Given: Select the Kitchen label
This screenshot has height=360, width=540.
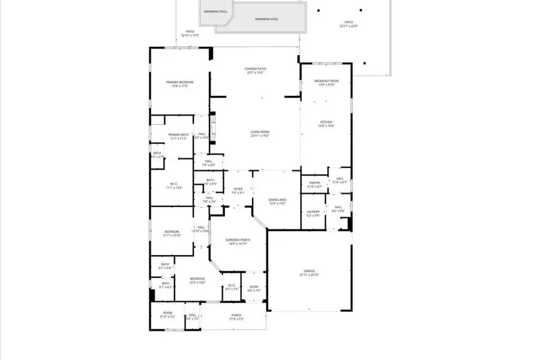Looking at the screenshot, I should click(x=325, y=122).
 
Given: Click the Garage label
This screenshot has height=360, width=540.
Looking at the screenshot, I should click(x=310, y=271).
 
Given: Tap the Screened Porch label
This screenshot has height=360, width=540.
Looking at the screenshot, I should click(x=238, y=239).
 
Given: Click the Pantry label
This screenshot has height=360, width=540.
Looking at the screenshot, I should click(x=314, y=183).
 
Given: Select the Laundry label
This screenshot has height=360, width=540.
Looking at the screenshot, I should click(x=313, y=211).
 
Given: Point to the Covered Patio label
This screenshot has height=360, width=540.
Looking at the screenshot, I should click(x=255, y=69).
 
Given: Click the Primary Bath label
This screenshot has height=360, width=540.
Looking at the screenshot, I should click(x=178, y=134).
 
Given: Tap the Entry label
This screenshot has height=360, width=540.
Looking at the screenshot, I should click(x=254, y=287).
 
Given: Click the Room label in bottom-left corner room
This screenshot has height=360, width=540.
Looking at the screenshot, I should click(x=168, y=313).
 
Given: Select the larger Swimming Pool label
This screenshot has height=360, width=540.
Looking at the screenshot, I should click(x=266, y=19).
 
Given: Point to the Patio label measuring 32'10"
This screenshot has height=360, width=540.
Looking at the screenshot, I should click(x=190, y=31).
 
